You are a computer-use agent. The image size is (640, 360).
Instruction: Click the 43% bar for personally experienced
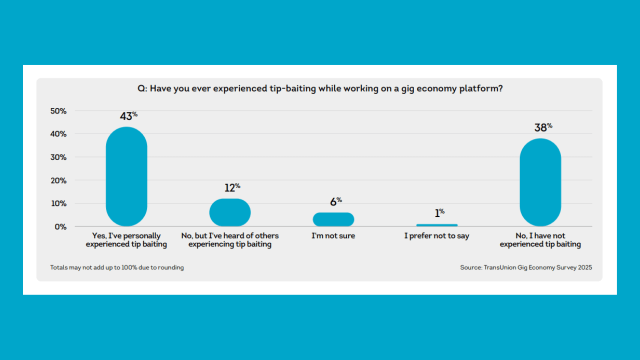pyautogui.click(x=126, y=176)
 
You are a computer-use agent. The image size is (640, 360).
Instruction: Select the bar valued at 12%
pyautogui.click(x=230, y=212)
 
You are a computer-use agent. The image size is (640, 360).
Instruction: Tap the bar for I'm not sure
pyautogui.click(x=333, y=219)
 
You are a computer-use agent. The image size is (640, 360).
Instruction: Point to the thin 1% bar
pyautogui.click(x=437, y=225)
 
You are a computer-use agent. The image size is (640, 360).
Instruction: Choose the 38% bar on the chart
pyautogui.click(x=540, y=182)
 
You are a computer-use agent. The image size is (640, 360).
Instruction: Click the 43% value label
pyautogui.click(x=128, y=116)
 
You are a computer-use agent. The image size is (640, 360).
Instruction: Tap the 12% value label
pyautogui.click(x=232, y=188)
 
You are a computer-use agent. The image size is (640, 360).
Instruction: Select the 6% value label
pyautogui.click(x=335, y=202)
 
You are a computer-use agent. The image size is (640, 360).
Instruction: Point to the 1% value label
pyautogui.click(x=439, y=213)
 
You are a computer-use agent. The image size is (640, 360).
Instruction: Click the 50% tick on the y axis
pyautogui.click(x=58, y=111)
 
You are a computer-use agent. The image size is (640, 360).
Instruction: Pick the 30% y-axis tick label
pyautogui.click(x=58, y=157)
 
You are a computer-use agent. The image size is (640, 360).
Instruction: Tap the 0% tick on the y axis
pyautogui.click(x=60, y=226)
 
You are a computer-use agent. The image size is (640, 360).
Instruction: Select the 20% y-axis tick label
pyautogui.click(x=58, y=180)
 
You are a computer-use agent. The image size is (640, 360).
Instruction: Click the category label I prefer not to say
pyautogui.click(x=437, y=236)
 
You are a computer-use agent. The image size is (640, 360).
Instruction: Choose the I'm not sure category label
pyautogui.click(x=333, y=236)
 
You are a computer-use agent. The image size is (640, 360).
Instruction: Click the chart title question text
pyautogui.click(x=320, y=88)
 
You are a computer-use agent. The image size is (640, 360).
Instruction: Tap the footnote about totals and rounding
pyautogui.click(x=117, y=267)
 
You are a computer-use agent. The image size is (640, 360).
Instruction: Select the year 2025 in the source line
pyautogui.click(x=584, y=267)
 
